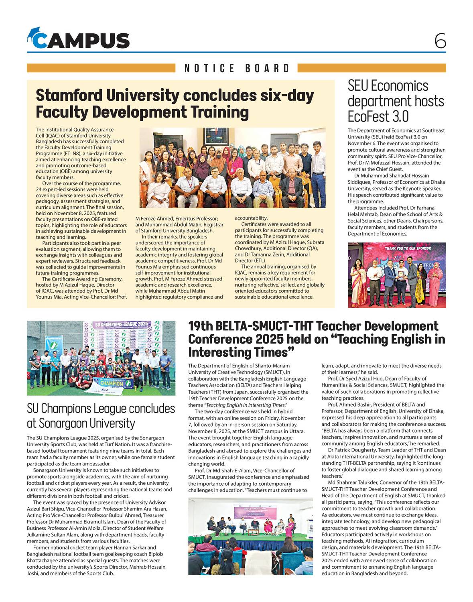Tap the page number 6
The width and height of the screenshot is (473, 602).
click(440, 41)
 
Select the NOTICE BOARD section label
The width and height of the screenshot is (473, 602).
click(237, 68)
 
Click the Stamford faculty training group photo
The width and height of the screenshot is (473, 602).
click(232, 168)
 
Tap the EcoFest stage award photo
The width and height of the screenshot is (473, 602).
click(396, 275)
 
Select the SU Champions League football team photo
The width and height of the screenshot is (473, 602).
click(101, 358)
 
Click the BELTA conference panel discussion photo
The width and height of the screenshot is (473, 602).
click(250, 536)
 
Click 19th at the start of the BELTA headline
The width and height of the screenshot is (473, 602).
click(201, 326)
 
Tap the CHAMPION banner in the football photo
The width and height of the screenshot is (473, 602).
click(110, 383)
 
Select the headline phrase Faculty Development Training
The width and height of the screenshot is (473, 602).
click(142, 112)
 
